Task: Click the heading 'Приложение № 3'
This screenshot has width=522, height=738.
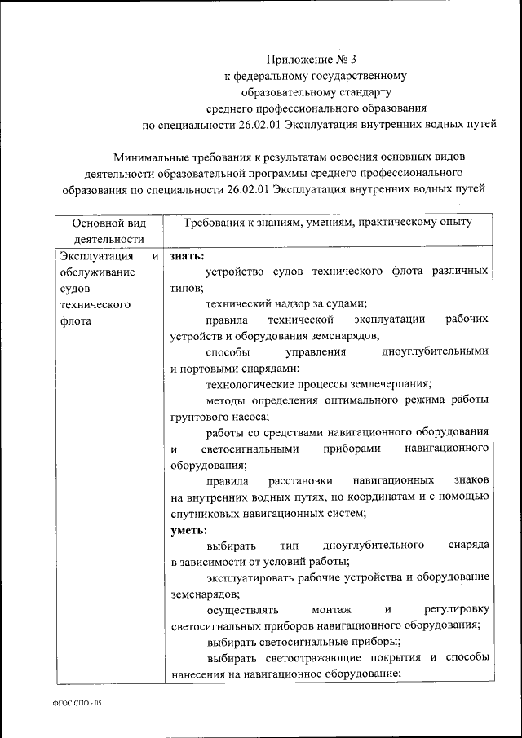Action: coord(312,60)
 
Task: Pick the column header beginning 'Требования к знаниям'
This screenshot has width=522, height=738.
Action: coord(327,222)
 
